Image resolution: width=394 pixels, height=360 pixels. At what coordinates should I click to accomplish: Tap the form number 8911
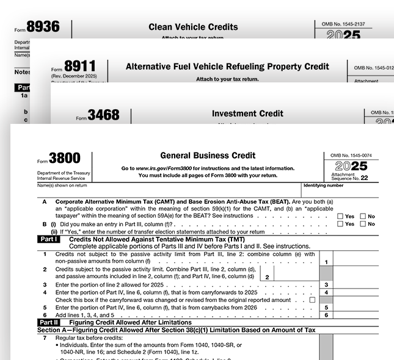pyautogui.click(x=81, y=67)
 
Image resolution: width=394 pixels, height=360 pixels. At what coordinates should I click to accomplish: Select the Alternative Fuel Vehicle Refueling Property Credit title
pyautogui.click(x=227, y=67)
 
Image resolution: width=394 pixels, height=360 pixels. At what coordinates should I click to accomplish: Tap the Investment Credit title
pyautogui.click(x=247, y=113)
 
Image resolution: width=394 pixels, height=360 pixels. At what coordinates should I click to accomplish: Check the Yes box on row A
pyautogui.click(x=341, y=216)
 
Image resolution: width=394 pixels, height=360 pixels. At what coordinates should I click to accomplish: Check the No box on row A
pyautogui.click(x=363, y=216)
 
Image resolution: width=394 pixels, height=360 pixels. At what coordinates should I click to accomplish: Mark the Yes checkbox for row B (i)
pyautogui.click(x=341, y=224)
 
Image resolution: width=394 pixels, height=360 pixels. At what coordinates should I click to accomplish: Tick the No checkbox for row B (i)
pyautogui.click(x=363, y=224)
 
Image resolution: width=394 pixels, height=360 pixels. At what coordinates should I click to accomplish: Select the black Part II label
pyautogui.click(x=49, y=322)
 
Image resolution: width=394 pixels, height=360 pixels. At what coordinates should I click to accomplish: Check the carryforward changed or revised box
pyautogui.click(x=313, y=300)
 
